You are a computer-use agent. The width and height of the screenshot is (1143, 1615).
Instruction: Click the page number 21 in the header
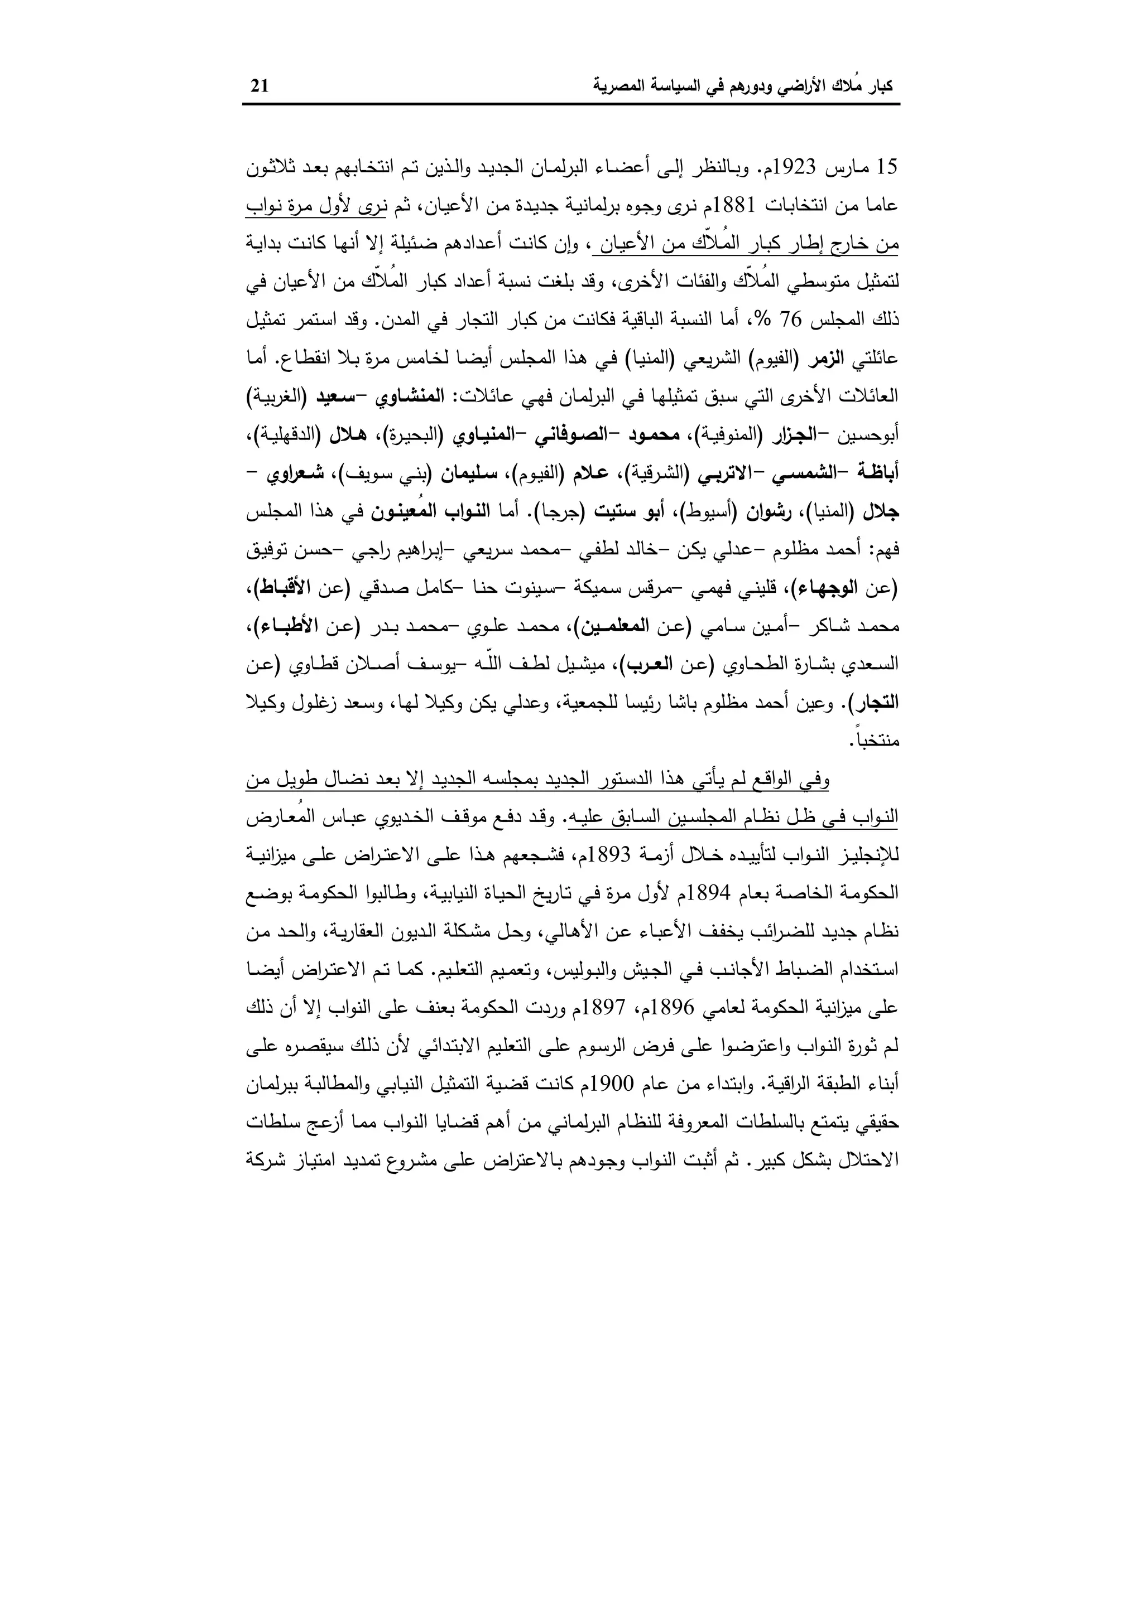point(260,86)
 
